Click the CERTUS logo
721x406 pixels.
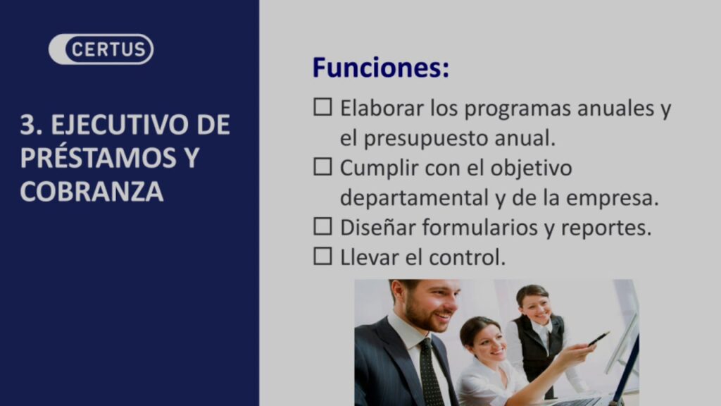pos(101,49)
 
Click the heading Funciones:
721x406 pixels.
pos(381,68)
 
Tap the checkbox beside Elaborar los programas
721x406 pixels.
pos(322,107)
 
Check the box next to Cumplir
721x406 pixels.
pos(322,166)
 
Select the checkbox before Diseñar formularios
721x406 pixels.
pos(322,226)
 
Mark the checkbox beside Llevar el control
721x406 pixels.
pos(322,257)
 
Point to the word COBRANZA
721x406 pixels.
pos(92,192)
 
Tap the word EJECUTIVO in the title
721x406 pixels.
pos(120,124)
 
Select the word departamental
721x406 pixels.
pos(414,198)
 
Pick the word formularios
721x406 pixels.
pos(480,228)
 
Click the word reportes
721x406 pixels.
pos(606,228)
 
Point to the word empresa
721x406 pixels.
pos(613,199)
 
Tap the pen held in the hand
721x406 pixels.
pos(598,339)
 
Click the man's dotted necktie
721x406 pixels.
pos(430,372)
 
